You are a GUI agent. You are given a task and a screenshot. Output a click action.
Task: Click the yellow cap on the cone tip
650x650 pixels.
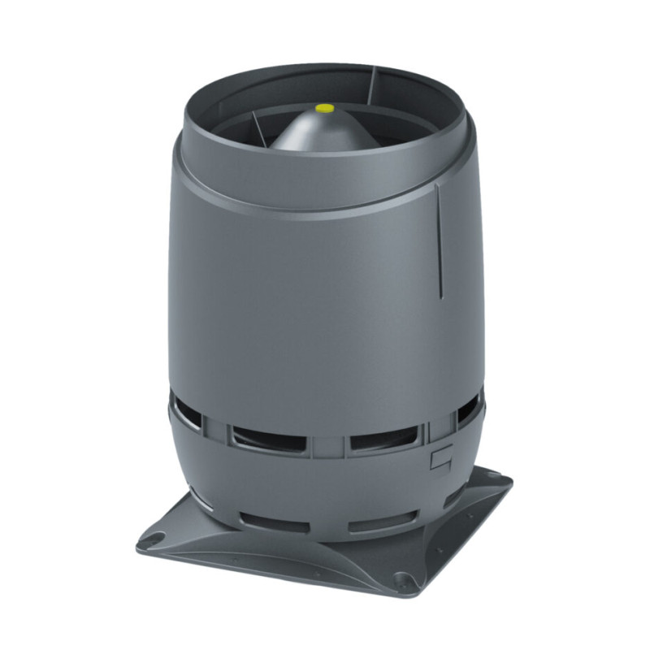[325, 106]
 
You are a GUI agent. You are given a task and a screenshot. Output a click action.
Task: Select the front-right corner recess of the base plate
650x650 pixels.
[401, 580]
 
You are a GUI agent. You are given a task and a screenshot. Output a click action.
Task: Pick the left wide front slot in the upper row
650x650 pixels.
[262, 440]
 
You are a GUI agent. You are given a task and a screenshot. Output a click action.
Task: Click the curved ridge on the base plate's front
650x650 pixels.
[276, 552]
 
